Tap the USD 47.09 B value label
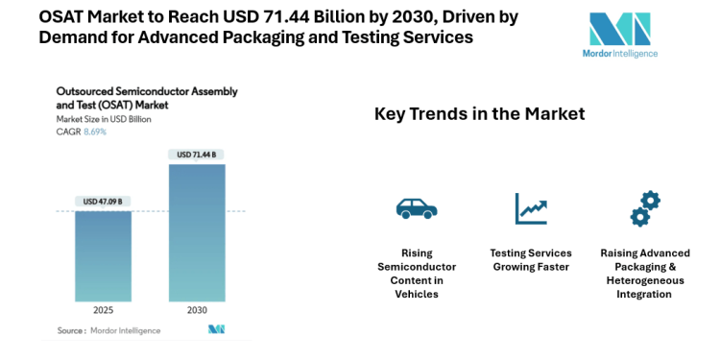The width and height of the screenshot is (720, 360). pyautogui.click(x=104, y=202)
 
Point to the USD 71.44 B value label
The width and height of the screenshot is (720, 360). pyautogui.click(x=197, y=155)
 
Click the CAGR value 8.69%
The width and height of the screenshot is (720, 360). pyautogui.click(x=94, y=132)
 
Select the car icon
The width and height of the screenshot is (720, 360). pyautogui.click(x=416, y=207)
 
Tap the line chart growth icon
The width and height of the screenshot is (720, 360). pyautogui.click(x=530, y=207)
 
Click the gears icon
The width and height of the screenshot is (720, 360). pyautogui.click(x=644, y=207)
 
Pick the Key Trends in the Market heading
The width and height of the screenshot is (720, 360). pyautogui.click(x=479, y=114)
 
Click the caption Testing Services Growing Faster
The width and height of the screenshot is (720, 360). pyautogui.click(x=531, y=259)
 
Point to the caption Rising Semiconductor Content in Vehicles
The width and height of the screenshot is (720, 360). pyautogui.click(x=416, y=273)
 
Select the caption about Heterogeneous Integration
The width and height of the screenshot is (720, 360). pyautogui.click(x=644, y=273)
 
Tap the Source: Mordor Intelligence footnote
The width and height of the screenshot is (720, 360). pyautogui.click(x=108, y=330)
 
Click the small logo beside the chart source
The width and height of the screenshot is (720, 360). pyautogui.click(x=216, y=329)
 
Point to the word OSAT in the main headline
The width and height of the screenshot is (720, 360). pyautogui.click(x=64, y=17)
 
